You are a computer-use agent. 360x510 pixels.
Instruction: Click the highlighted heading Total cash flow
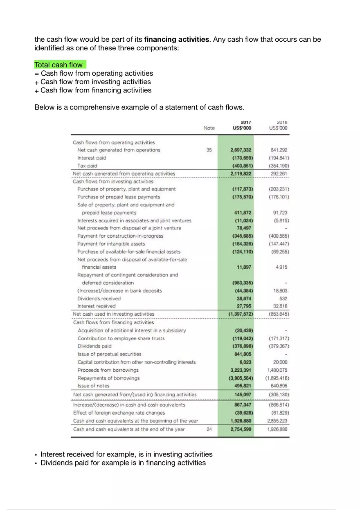[59, 65]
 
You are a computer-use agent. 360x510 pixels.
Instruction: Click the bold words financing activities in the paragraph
[177, 40]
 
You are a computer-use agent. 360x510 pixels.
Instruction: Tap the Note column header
[209, 128]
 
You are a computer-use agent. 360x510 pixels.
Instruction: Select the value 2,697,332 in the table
[241, 150]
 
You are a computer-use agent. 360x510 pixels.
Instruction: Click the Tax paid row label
[87, 166]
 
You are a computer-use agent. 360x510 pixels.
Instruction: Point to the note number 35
[209, 150]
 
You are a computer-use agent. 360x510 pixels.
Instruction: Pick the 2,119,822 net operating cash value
[241, 173]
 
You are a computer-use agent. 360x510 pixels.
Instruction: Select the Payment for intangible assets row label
[111, 244]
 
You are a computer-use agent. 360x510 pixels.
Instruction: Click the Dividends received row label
[99, 299]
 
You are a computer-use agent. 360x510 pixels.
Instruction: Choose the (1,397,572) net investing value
[241, 314]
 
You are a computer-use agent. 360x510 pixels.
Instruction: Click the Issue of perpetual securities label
[109, 354]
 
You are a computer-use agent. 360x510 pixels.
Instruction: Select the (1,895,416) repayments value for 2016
[277, 378]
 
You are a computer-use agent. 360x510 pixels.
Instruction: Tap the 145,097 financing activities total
[242, 395]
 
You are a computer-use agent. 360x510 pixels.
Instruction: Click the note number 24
[209, 429]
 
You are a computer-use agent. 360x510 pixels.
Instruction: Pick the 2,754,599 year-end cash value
[241, 429]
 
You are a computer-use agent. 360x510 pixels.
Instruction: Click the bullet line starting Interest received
[126, 454]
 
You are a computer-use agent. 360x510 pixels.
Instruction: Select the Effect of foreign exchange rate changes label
[119, 413]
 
